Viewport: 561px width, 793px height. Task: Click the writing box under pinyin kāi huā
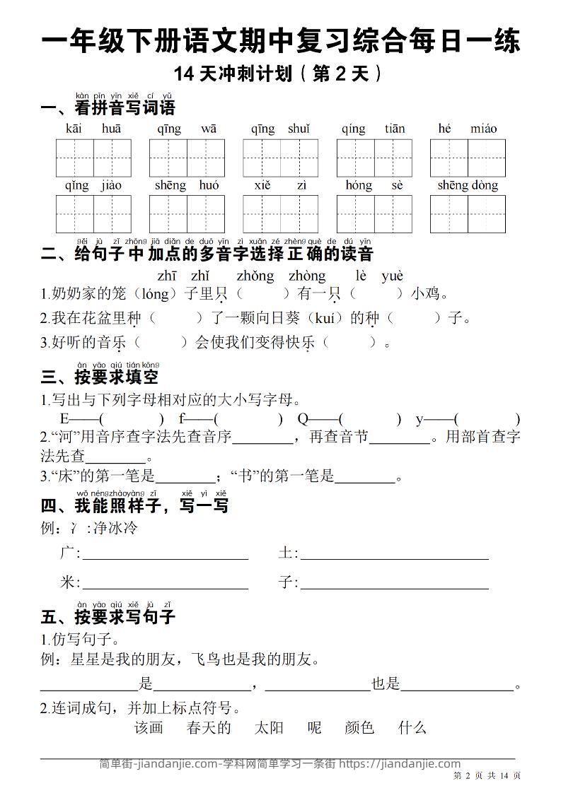93,158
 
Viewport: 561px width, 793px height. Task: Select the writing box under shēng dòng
468,214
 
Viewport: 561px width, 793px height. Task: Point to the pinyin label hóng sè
374,185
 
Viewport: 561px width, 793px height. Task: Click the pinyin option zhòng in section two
307,276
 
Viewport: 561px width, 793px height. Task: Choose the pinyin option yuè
392,276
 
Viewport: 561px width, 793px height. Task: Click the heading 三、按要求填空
100,376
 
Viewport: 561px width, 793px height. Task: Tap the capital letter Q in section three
303,418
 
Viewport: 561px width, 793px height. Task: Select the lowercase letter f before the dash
182,418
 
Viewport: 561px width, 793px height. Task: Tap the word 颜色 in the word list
359,727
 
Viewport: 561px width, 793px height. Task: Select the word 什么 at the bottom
412,727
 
